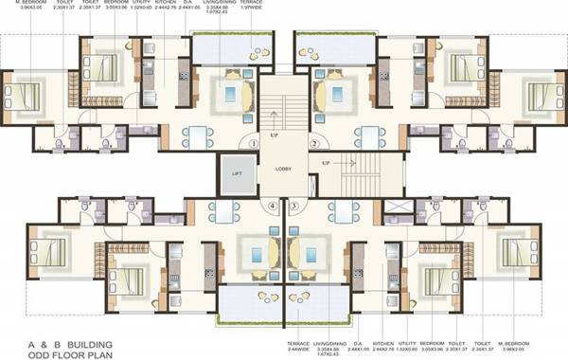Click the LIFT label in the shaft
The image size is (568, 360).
(238, 173)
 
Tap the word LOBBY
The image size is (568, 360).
(284, 170)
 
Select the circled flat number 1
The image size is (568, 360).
(254, 144)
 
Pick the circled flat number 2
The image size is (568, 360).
(313, 144)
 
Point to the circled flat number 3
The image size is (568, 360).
(293, 205)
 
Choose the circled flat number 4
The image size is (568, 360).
(274, 205)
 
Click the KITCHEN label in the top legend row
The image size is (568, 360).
(167, 4)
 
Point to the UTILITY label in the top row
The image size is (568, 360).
(141, 4)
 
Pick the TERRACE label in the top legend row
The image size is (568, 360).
(255, 4)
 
